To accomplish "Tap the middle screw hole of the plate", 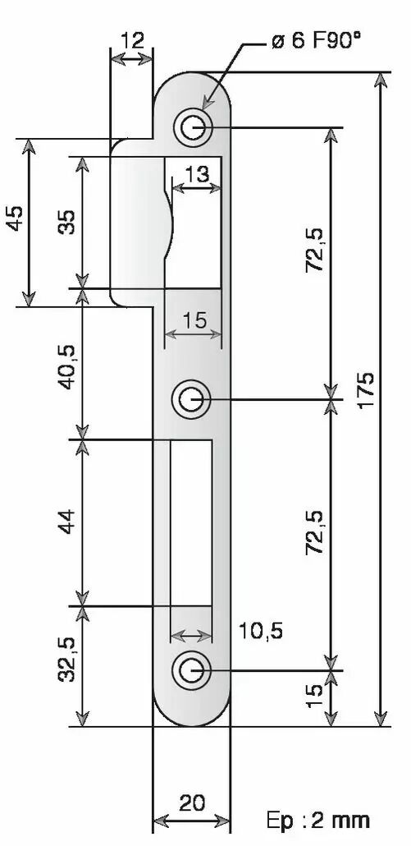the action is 190,400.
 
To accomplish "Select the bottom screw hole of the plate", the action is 190,671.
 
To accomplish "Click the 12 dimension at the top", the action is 133,40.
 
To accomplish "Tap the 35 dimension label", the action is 67,222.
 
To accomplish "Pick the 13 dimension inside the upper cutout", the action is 197,174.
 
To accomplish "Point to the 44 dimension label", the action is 68,522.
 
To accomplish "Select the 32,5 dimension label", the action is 68,660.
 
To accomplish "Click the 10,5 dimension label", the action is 261,630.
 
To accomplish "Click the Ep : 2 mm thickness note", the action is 318,821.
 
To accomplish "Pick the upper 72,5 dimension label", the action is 314,249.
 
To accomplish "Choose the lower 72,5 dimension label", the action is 314,532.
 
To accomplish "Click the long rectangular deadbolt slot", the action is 190,522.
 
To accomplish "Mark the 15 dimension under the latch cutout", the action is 194,320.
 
